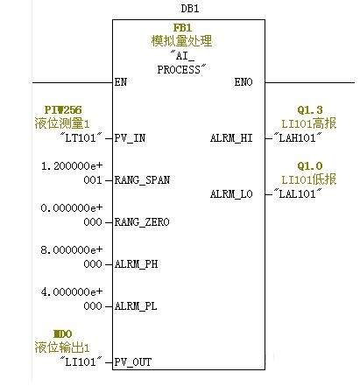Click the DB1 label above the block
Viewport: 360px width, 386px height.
point(190,9)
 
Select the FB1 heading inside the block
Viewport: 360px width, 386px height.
point(183,28)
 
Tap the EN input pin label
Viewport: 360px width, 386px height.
point(121,82)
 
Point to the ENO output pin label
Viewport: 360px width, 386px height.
point(244,82)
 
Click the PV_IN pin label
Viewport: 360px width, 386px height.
point(130,138)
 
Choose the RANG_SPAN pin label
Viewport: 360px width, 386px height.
point(142,180)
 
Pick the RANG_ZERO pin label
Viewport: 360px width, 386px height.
point(142,222)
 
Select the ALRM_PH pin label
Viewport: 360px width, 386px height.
point(136,264)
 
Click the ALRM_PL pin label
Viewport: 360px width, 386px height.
point(136,306)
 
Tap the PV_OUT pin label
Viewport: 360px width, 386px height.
point(133,362)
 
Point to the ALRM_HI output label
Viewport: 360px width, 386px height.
point(231,138)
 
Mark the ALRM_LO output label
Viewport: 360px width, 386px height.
point(231,194)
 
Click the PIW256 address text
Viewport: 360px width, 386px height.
point(63,110)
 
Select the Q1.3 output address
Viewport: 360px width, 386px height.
point(310,110)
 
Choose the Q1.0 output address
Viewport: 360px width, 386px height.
point(310,166)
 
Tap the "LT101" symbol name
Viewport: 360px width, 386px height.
point(81,137)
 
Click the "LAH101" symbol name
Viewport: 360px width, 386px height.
point(298,137)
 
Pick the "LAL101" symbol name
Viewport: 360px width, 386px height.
point(298,193)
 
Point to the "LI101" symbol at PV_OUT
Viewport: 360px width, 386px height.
point(81,361)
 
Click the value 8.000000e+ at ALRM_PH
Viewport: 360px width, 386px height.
point(72,250)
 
